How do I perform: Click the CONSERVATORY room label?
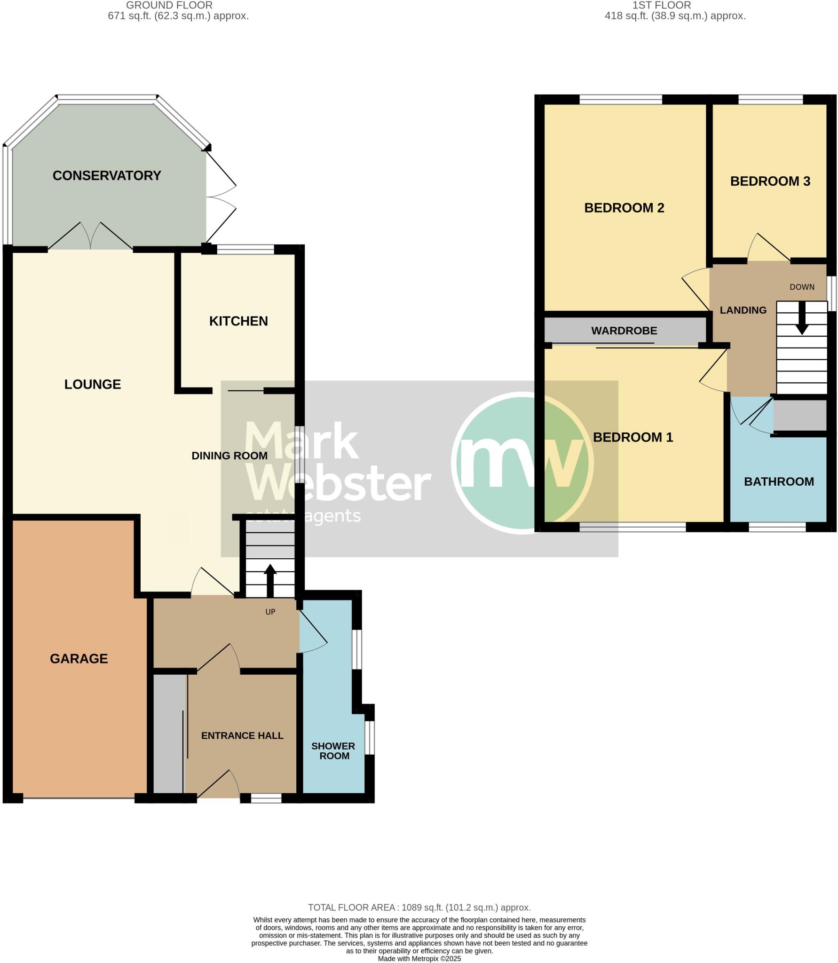[107, 175]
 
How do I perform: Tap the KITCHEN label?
[238, 321]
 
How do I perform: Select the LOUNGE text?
[93, 384]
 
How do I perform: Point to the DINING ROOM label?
[229, 455]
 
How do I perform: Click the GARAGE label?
[79, 658]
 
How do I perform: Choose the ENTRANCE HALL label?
[242, 735]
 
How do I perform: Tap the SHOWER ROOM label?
[333, 751]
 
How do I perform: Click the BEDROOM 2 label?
[624, 208]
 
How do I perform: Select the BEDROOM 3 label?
[770, 181]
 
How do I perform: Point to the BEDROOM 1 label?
[632, 437]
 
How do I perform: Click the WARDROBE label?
[624, 331]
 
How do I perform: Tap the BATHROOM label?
[779, 481]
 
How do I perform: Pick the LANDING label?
[743, 310]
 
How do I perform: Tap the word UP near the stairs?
[270, 612]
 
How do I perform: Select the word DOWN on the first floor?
[802, 287]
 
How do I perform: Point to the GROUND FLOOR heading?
[169, 5]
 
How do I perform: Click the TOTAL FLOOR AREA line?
[419, 908]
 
